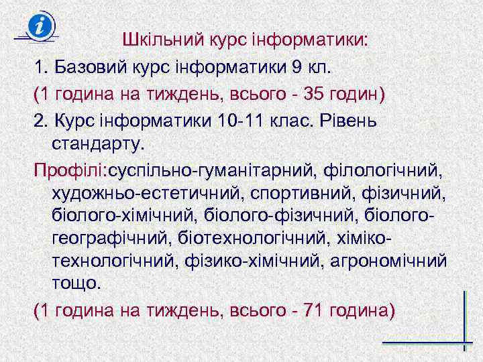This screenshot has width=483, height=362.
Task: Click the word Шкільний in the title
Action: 156,40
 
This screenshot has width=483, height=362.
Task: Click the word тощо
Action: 75,283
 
